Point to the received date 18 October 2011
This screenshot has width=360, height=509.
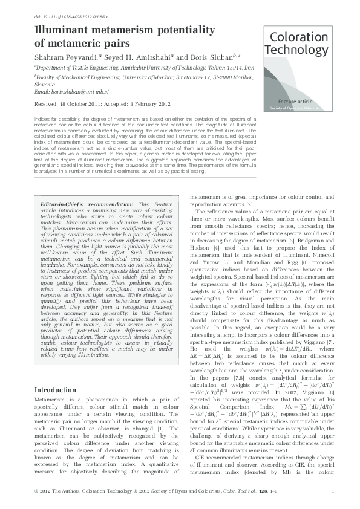pos(85,103)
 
